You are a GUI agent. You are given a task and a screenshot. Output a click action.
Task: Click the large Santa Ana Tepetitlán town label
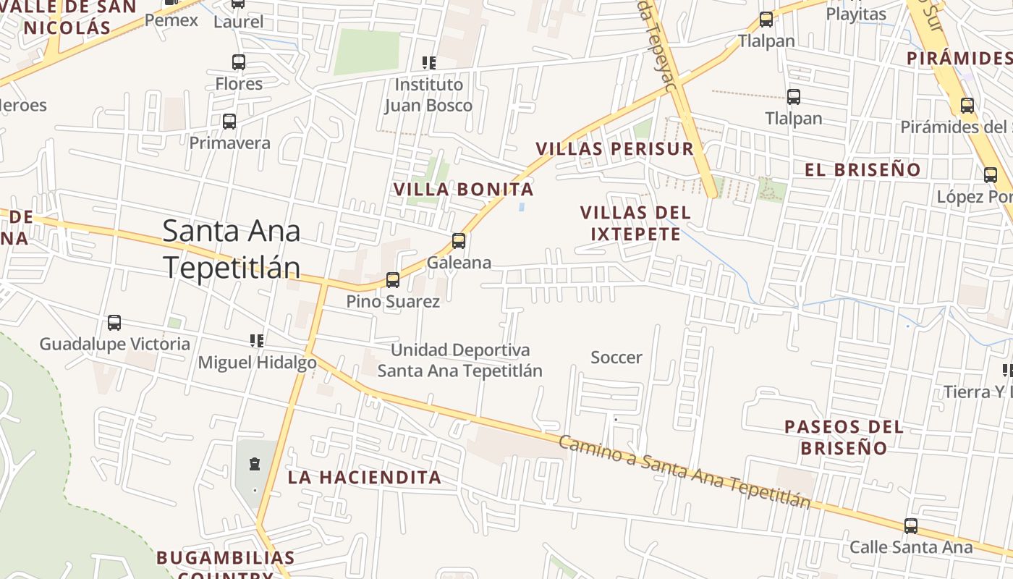[232, 249]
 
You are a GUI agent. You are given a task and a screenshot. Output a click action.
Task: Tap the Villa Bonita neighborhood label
[463, 190]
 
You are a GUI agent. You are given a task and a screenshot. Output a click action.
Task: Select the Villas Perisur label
[614, 149]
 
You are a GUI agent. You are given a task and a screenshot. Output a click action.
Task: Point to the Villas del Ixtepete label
[635, 223]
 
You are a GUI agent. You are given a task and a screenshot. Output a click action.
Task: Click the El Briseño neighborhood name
[863, 170]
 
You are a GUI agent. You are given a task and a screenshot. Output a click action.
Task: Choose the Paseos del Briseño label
[844, 437]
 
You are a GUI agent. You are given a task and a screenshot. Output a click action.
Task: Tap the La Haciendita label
[365, 478]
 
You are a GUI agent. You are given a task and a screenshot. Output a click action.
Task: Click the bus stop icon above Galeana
[459, 241]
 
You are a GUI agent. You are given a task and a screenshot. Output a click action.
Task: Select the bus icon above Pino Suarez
[393, 279]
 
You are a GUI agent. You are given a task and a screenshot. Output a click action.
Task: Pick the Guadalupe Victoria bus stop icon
[114, 323]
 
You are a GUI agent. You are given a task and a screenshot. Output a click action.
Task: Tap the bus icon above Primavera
[229, 122]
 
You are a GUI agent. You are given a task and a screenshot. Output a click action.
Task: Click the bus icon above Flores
[239, 62]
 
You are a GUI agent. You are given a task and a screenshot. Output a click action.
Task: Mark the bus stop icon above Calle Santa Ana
[911, 526]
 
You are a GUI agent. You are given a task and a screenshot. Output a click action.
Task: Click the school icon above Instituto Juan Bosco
[429, 63]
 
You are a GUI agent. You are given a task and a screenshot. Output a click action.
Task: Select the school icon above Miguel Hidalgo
[257, 340]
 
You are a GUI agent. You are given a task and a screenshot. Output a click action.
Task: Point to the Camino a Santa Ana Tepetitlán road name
[684, 472]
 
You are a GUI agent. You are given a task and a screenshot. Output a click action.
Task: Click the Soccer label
[616, 358]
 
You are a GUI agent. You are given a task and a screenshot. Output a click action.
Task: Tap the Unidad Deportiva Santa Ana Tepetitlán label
[460, 360]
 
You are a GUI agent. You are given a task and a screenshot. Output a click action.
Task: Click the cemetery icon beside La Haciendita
[255, 463]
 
